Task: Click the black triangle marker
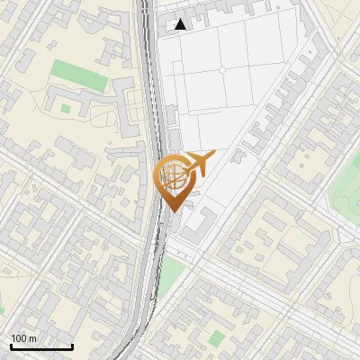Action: pos(181,24)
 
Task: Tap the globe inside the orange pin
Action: pos(173,174)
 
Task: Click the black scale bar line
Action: pos(41,346)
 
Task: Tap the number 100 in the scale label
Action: pos(18,338)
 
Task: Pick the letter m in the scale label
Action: pos(32,338)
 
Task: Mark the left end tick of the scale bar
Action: pos(11,345)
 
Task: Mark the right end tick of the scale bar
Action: pos(72,345)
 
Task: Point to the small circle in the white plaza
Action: pos(221,69)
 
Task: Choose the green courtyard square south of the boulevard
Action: pos(217,338)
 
